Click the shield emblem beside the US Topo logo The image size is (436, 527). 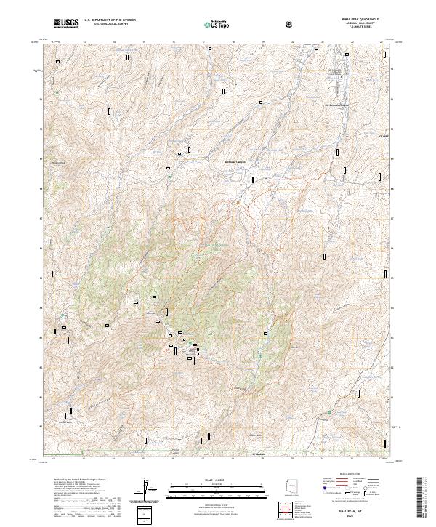click(x=290, y=23)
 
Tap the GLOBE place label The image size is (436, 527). click(x=384, y=136)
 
